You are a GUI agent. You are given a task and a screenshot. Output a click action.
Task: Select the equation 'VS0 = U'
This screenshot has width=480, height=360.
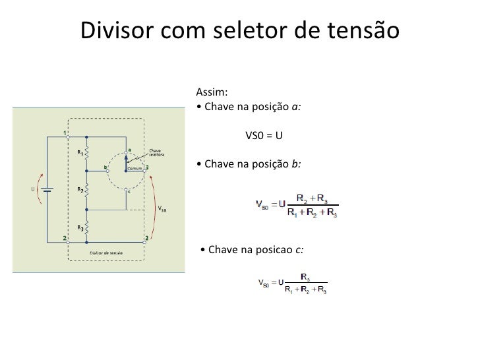pyautogui.click(x=264, y=136)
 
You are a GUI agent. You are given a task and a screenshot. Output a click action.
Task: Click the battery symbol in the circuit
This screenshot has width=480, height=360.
pyautogui.click(x=47, y=188)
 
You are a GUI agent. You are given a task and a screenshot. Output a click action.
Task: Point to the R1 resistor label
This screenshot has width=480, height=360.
pyautogui.click(x=80, y=152)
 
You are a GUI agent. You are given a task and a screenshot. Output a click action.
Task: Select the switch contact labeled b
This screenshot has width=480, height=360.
pyautogui.click(x=105, y=167)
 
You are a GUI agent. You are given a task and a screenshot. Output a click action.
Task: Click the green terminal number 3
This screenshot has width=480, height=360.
pyautogui.click(x=146, y=167)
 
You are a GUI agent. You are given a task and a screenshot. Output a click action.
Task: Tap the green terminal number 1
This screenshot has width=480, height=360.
pyautogui.click(x=65, y=132)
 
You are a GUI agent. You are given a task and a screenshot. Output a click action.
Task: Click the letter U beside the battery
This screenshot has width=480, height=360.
pyautogui.click(x=33, y=189)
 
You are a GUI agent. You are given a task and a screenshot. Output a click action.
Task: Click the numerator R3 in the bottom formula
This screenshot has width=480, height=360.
pyautogui.click(x=306, y=278)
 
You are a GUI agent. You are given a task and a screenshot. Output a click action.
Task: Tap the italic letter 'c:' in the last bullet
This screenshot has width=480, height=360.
pyautogui.click(x=300, y=250)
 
